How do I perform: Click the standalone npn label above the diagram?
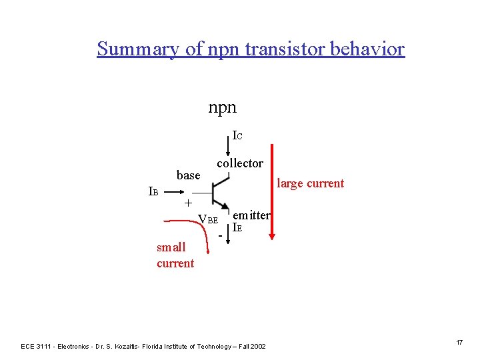222,107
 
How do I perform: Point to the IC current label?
237,136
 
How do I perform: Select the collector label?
240,163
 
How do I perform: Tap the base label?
188,175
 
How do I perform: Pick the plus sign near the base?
188,203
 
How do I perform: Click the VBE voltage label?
208,220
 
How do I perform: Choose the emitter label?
251,215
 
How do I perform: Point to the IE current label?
237,227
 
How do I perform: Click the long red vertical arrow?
271,193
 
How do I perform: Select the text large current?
310,183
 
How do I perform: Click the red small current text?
175,255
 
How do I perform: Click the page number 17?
459,342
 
